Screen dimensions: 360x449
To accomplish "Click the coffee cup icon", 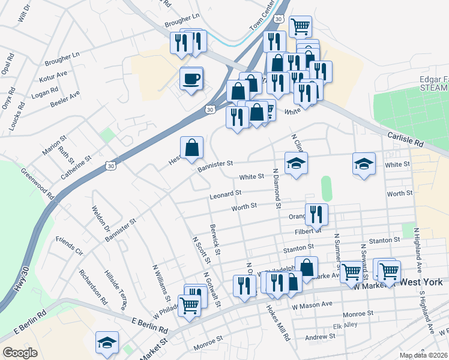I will click(191, 79).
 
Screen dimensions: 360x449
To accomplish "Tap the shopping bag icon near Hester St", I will click(191, 148).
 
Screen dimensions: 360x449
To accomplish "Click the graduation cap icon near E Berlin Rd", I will click(107, 343).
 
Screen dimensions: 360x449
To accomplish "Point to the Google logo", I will click(20, 352).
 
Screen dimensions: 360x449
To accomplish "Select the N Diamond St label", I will click(277, 188).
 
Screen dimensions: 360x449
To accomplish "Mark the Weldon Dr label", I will click(101, 221).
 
